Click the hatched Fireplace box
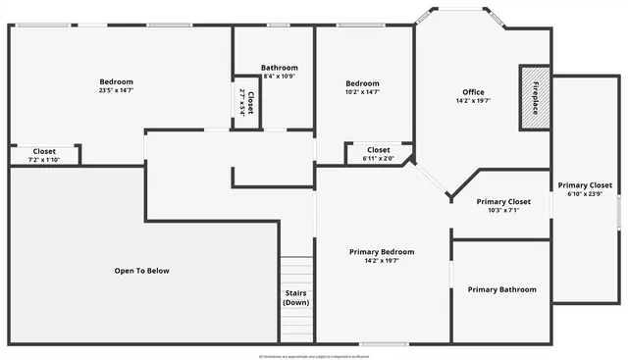(x=535, y=96)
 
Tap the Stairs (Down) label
(x=296, y=297)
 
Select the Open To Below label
(x=141, y=270)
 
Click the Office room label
(x=473, y=92)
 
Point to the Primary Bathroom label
(x=501, y=289)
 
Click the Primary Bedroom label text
(x=382, y=252)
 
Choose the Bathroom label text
(x=279, y=68)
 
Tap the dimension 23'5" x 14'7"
(x=116, y=90)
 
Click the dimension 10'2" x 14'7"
(x=362, y=92)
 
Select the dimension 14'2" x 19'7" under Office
(x=473, y=101)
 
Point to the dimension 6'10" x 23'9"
(x=585, y=193)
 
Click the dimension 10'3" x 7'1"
(x=503, y=210)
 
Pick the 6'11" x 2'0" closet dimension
(x=378, y=158)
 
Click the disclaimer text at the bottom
(x=314, y=354)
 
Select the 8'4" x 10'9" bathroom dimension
(x=279, y=76)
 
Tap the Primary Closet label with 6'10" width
(x=585, y=185)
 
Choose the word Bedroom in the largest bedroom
(x=116, y=81)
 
